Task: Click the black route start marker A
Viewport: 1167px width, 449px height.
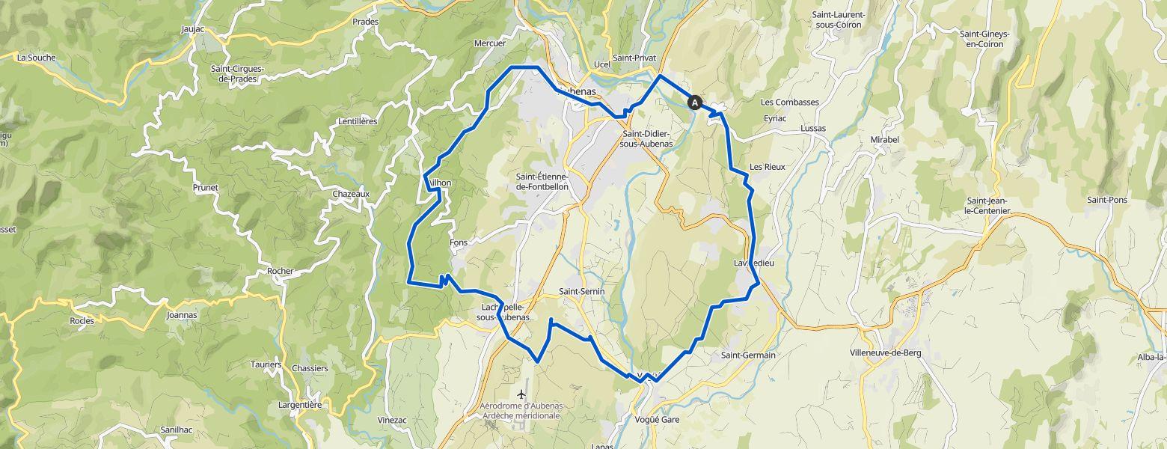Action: [695, 103]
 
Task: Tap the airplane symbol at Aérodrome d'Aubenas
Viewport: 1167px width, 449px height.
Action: [521, 394]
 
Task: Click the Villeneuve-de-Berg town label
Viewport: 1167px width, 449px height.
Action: [885, 352]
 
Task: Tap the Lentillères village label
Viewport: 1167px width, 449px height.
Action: [358, 121]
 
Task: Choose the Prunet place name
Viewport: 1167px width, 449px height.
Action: [205, 188]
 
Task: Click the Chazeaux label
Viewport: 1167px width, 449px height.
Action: [351, 194]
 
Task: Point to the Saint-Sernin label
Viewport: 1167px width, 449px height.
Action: [581, 291]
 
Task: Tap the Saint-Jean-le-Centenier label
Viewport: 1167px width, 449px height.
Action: [988, 206]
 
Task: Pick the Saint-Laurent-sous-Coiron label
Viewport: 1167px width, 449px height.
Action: [839, 19]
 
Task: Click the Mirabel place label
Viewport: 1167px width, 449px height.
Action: [883, 140]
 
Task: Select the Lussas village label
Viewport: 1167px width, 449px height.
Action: [813, 129]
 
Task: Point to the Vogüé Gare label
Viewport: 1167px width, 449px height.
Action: [656, 420]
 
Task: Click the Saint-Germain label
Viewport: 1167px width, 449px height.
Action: [748, 355]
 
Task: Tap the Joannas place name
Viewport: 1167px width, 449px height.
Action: [182, 315]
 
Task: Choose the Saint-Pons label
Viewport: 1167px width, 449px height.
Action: [1107, 200]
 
